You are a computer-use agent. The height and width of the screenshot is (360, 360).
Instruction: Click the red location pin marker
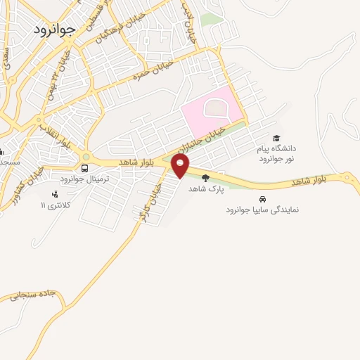pos(180,166)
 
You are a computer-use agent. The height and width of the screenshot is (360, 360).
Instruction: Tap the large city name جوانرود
pos(53,30)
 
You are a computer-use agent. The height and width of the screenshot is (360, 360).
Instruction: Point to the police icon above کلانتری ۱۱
pos(55,194)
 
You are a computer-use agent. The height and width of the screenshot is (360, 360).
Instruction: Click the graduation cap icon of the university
pos(276,139)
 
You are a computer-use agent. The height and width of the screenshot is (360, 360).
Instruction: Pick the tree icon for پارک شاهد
pos(205,178)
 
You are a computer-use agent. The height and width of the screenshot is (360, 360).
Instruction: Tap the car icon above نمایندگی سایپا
pos(262,199)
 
